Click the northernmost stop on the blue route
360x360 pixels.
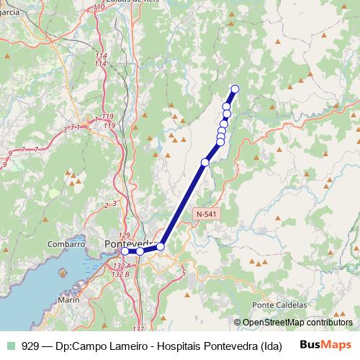point(234,89)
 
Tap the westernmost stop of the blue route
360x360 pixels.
point(125,251)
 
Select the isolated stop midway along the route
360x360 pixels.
point(205,163)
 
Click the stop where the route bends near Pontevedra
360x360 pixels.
point(161,246)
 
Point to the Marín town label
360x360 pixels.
point(69,299)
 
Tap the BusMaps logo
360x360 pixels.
point(325,345)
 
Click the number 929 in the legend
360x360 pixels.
point(31,345)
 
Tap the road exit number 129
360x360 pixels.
point(124,235)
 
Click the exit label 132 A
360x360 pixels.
point(121,266)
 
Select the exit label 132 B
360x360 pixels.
point(121,274)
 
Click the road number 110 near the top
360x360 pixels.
point(98,8)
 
